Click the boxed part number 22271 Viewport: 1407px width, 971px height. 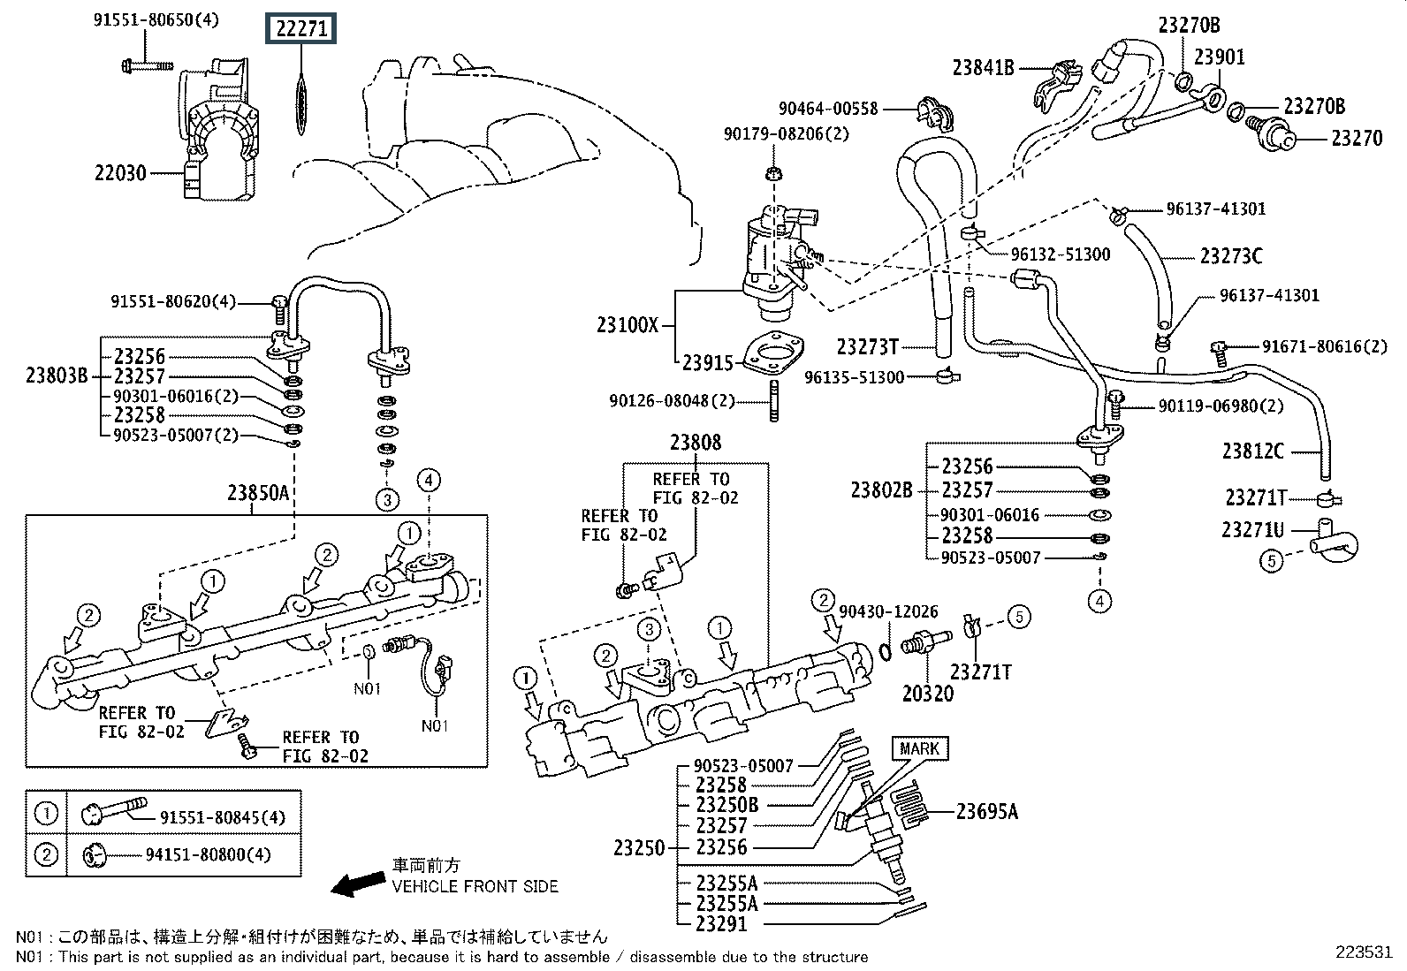[x=301, y=30]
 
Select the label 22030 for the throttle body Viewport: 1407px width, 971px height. [x=120, y=174]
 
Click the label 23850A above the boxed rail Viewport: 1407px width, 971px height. [x=258, y=493]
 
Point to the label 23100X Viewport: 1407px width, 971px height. [x=627, y=324]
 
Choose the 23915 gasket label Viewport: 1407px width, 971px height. [x=707, y=362]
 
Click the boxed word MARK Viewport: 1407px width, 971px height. [x=919, y=749]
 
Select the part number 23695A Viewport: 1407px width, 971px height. [x=986, y=811]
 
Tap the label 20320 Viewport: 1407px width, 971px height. [x=928, y=694]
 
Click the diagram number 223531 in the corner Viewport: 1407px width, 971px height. [x=1364, y=952]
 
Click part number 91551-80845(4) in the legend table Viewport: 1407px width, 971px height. [x=222, y=817]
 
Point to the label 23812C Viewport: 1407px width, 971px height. [x=1253, y=451]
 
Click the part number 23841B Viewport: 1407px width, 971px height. [x=983, y=66]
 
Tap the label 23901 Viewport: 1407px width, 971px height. [x=1219, y=57]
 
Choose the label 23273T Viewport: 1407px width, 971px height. [x=867, y=345]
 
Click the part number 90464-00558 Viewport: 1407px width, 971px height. [x=828, y=109]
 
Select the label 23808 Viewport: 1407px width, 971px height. [x=695, y=443]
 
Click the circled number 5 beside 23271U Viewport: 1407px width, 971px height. [x=1271, y=560]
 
